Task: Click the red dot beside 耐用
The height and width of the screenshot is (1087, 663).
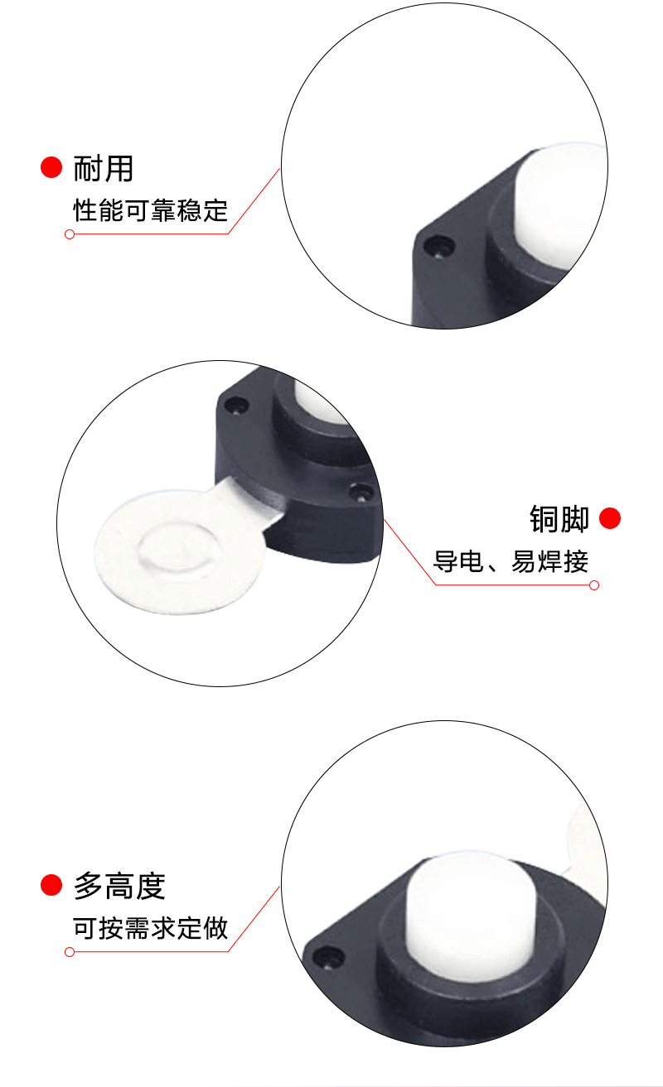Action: pyautogui.click(x=51, y=167)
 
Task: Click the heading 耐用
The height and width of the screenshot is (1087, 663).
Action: pyautogui.click(x=104, y=168)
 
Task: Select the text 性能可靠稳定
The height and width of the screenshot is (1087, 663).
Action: pyautogui.click(x=151, y=210)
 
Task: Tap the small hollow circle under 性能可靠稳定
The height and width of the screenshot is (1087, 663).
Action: pyautogui.click(x=70, y=234)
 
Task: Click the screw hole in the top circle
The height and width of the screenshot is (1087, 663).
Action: pyautogui.click(x=439, y=246)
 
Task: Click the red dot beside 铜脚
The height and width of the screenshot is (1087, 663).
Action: pyautogui.click(x=610, y=518)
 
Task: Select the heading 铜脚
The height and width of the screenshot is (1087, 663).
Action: pyautogui.click(x=559, y=519)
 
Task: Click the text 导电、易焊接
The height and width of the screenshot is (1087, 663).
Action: pyautogui.click(x=511, y=562)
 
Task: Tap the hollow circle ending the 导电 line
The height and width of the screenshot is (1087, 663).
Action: pyautogui.click(x=593, y=585)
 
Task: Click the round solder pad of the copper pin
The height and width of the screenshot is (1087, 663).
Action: pyautogui.click(x=176, y=550)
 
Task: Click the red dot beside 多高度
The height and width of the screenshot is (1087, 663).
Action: pyautogui.click(x=51, y=885)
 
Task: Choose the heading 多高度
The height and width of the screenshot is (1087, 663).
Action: pyautogui.click(x=120, y=886)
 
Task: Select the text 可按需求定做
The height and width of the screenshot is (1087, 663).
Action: pyautogui.click(x=151, y=928)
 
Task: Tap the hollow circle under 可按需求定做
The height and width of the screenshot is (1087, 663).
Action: pyautogui.click(x=70, y=952)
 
